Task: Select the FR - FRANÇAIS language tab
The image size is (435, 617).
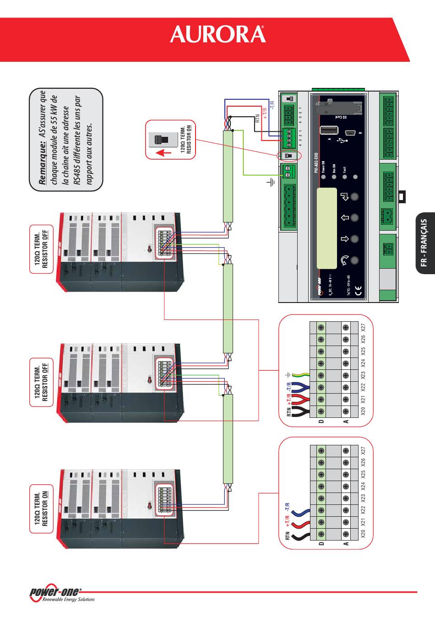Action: [425, 243]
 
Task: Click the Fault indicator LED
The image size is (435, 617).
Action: [344, 177]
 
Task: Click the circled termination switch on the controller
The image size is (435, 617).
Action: [288, 156]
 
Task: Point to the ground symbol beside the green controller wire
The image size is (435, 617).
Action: [271, 183]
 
